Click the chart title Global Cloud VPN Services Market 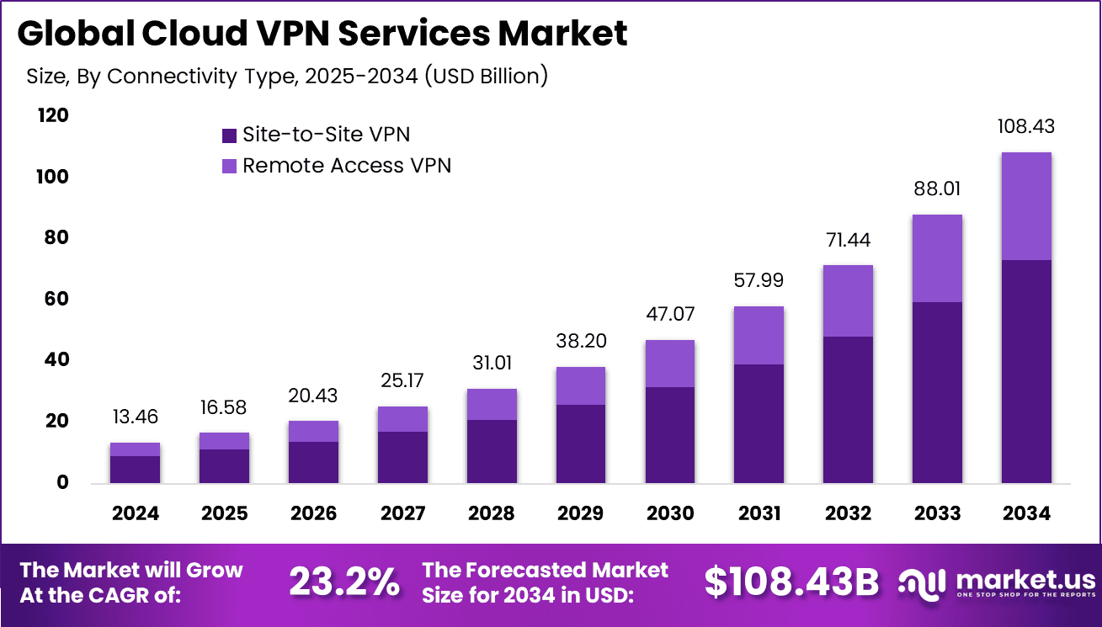point(322,34)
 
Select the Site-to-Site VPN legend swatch point(230,135)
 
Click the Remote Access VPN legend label point(347,166)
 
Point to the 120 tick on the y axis point(53,115)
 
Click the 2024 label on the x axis point(135,513)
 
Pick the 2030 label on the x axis point(669,513)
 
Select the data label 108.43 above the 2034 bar point(1025,127)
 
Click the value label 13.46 point(135,417)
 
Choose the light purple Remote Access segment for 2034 point(1025,206)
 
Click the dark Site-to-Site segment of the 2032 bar point(848,409)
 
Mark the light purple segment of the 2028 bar point(491,404)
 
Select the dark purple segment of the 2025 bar point(224,466)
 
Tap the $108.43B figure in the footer point(791,582)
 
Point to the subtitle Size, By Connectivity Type point(287,76)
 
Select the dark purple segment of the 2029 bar point(580,444)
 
